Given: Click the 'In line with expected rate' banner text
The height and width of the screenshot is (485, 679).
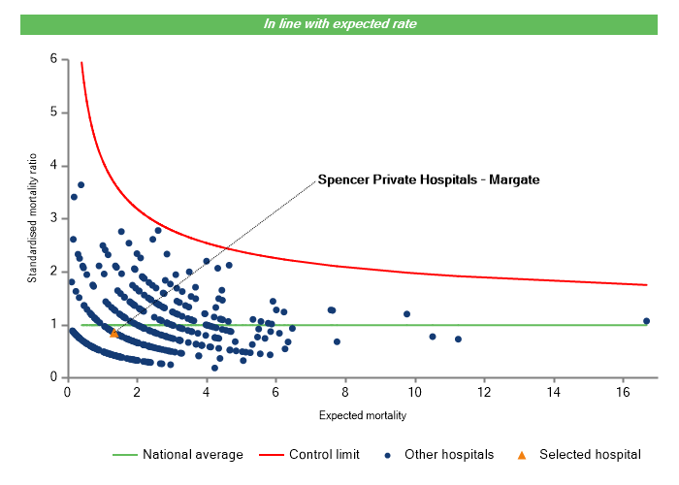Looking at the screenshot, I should coord(339,24).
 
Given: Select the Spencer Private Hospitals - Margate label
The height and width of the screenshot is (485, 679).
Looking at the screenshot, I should coord(428,179).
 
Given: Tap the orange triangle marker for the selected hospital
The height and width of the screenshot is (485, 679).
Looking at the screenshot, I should coord(114,333).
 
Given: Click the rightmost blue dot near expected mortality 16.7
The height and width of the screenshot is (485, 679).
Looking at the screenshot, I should coord(646,321).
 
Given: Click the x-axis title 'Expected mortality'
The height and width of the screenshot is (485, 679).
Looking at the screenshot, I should coord(362,415).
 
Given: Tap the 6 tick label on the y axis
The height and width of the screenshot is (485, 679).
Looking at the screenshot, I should coord(53,60).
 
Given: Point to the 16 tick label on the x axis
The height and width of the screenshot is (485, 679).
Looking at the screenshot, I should coord(623,392).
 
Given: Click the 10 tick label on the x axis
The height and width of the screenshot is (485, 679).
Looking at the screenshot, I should coord(414,392).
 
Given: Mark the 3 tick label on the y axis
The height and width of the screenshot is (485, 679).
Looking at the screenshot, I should coord(53,219).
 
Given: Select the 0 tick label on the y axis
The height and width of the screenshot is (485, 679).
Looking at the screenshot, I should coord(53,377).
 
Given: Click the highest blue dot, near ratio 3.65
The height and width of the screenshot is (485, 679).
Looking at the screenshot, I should coord(81,184).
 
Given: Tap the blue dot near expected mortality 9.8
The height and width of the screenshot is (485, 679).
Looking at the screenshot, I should coord(406,314).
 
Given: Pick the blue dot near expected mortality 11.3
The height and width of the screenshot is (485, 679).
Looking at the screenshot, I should coord(458,339).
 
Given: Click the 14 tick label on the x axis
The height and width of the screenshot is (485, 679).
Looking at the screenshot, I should coord(553,392).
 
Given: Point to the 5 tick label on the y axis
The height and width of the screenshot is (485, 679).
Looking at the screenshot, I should coord(53,113).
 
